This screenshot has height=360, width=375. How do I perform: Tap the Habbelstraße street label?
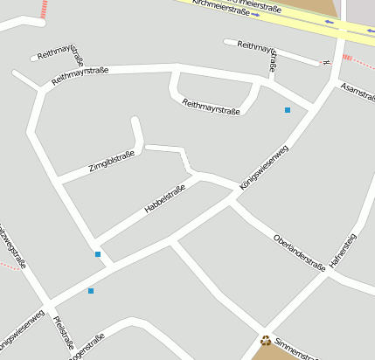tap(167, 199)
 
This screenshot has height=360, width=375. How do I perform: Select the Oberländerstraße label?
tap(299, 252)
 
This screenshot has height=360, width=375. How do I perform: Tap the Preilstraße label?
tap(64, 332)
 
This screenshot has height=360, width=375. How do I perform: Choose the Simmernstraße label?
tap(298, 349)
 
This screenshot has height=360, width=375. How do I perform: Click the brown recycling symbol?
tap(266, 340)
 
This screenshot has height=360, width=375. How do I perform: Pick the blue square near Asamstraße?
tap(287, 110)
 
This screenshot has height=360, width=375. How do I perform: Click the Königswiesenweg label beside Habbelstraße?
tap(263, 168)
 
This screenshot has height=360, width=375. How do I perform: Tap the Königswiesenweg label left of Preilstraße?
tap(23, 328)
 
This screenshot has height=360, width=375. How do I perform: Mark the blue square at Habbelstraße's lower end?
tap(98, 254)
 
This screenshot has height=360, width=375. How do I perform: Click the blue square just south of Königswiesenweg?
tap(90, 290)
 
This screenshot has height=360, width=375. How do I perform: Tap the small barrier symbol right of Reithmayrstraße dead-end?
tap(327, 63)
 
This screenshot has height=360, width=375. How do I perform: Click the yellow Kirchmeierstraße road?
tap(262, 15)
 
